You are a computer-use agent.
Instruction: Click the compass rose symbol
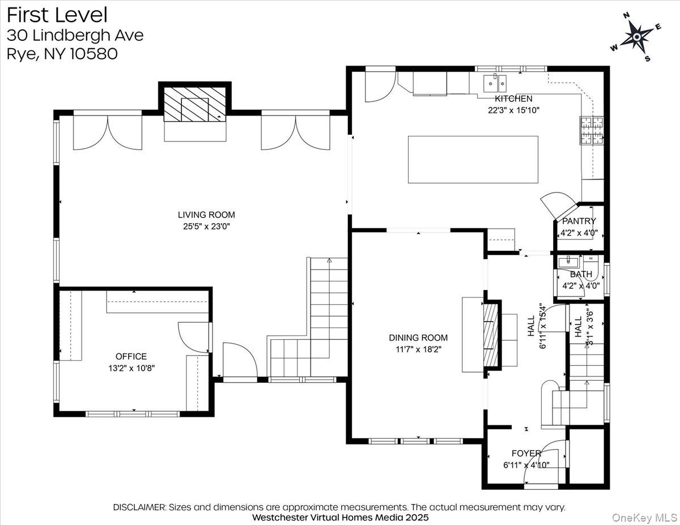pyautogui.click(x=637, y=37)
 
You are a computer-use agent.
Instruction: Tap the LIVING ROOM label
pyautogui.click(x=206, y=215)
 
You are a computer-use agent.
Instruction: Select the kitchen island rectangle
pyautogui.click(x=473, y=159)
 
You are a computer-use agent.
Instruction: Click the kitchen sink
pyautogui.click(x=495, y=84)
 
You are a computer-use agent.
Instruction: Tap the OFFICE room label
pyautogui.click(x=131, y=356)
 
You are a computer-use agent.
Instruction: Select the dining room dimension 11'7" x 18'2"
pyautogui.click(x=418, y=349)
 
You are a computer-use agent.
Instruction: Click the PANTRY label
pyautogui.click(x=579, y=221)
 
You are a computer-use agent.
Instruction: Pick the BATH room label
pyautogui.click(x=581, y=274)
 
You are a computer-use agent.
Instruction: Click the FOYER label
pyautogui.click(x=526, y=453)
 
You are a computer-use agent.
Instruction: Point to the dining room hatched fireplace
pyautogui.click(x=491, y=336)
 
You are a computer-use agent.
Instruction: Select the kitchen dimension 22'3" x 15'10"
pyautogui.click(x=513, y=110)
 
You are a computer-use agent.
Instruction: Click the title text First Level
pyautogui.click(x=57, y=15)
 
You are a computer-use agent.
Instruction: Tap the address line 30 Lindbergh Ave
pyautogui.click(x=75, y=35)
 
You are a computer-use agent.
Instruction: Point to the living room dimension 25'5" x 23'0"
pyautogui.click(x=206, y=226)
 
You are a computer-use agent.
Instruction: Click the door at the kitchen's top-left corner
pyautogui.click(x=379, y=85)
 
